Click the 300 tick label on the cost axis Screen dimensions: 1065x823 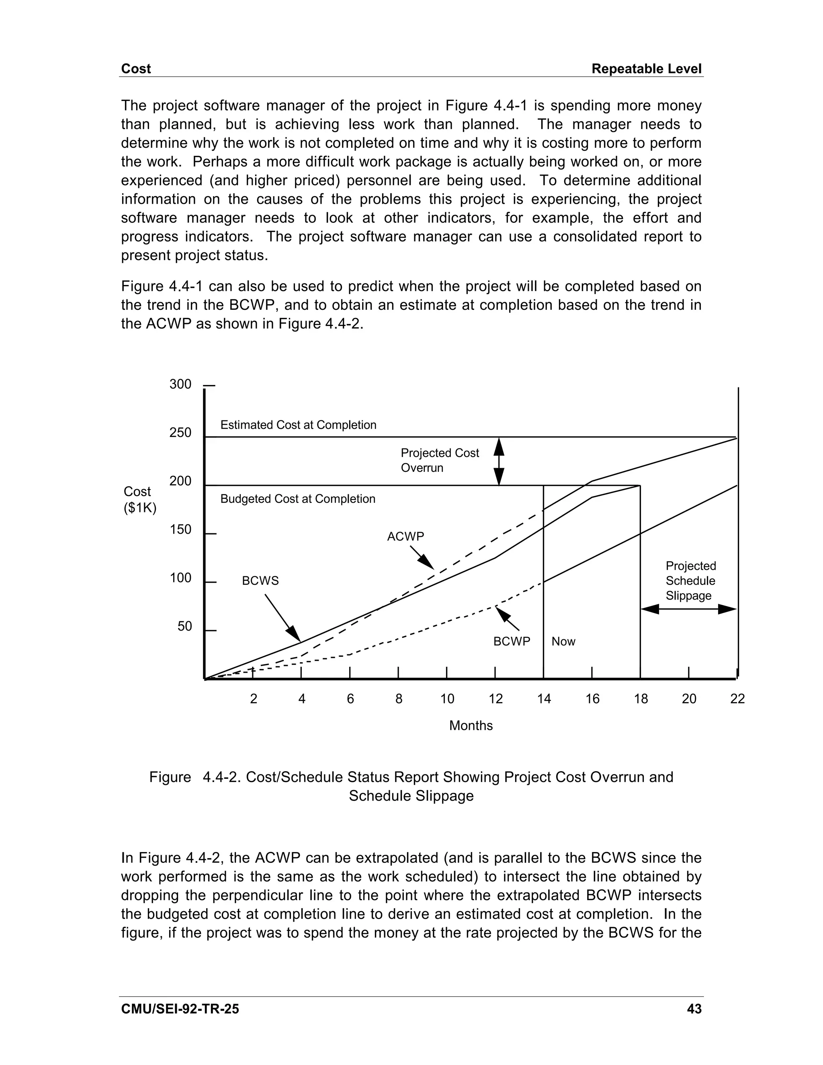(180, 384)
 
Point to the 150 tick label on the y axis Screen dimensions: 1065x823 (180, 530)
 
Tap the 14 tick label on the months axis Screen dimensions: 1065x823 (544, 699)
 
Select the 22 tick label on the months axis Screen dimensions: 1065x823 (737, 699)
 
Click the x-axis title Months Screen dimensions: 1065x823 (471, 725)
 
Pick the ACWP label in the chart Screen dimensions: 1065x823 (405, 537)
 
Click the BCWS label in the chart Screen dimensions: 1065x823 (260, 581)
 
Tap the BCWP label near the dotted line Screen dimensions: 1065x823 (512, 641)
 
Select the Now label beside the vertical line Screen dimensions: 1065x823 (563, 641)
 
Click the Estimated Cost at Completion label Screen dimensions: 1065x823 (299, 425)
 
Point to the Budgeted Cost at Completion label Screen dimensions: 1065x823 (298, 499)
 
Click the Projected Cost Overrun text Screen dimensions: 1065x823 (439, 460)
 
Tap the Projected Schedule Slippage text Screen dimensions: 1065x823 (690, 581)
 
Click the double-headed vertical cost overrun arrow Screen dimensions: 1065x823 (499, 461)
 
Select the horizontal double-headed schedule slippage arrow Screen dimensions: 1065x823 (688, 608)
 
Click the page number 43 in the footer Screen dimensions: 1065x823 (694, 1009)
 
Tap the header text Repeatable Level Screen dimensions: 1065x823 (647, 69)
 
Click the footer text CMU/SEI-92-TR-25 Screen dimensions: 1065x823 (180, 1009)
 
